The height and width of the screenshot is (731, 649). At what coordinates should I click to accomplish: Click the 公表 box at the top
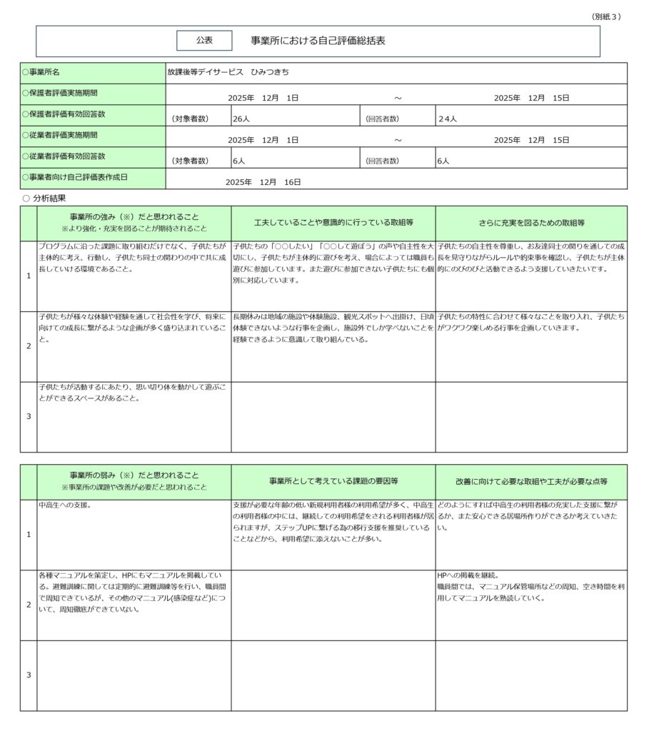(204, 41)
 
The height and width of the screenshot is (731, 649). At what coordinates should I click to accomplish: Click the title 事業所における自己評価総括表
(318, 41)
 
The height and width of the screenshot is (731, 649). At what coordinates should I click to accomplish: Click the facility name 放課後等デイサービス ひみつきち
(228, 73)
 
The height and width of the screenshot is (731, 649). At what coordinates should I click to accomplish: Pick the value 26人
(241, 119)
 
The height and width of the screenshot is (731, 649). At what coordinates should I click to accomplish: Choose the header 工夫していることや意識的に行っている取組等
(333, 223)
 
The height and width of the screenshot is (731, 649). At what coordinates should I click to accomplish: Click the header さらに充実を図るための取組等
(531, 223)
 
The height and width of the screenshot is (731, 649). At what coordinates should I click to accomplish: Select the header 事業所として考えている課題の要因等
(333, 481)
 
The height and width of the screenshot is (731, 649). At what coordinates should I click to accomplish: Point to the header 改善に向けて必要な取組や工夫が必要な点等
(531, 481)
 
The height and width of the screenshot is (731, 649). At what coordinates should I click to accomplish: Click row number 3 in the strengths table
(29, 416)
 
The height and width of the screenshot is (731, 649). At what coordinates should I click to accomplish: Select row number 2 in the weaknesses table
(29, 605)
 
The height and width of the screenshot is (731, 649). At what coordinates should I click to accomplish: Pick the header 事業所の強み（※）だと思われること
(134, 216)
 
